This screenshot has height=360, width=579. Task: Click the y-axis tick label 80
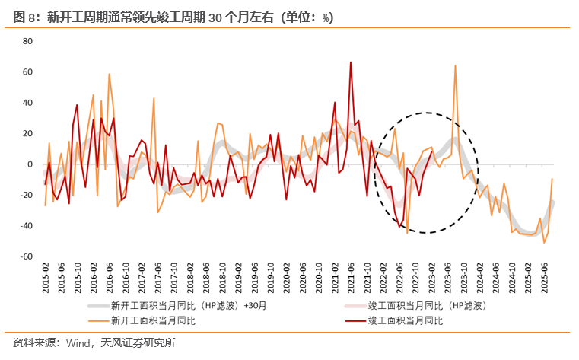click(27, 41)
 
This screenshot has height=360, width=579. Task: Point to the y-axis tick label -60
click(26, 256)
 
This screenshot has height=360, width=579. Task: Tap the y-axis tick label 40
click(27, 103)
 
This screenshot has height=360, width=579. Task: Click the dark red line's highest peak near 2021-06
click(351, 62)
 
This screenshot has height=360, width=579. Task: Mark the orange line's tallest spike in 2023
click(455, 65)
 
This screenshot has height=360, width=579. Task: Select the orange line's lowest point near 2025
click(544, 242)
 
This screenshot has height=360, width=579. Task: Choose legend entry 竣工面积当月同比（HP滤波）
click(427, 305)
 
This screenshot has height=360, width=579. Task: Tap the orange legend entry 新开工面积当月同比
click(153, 320)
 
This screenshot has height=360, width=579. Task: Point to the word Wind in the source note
click(78, 343)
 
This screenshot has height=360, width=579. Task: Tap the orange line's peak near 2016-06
click(109, 74)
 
